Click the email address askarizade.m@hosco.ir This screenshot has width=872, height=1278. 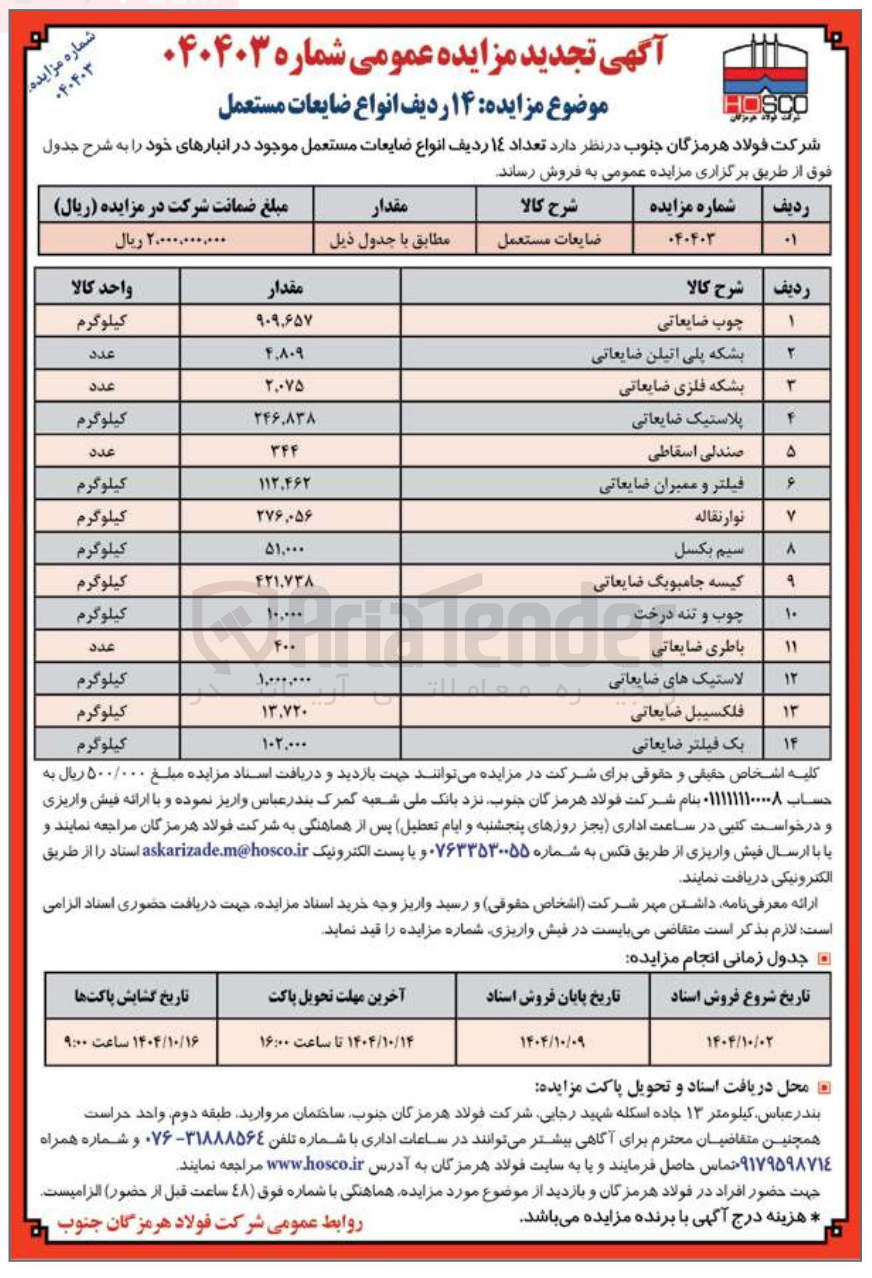225,850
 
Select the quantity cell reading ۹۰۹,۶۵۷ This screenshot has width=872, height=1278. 284,321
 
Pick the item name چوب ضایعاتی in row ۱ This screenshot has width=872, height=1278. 700,322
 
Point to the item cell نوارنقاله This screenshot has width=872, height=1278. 719,517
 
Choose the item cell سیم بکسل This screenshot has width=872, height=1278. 708,549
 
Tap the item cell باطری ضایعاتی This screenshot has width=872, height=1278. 697,646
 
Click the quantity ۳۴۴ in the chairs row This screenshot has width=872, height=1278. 285,451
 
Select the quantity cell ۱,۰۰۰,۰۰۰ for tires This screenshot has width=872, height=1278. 285,679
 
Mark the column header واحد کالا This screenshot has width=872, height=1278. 102,287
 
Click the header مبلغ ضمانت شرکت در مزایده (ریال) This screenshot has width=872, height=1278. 171,206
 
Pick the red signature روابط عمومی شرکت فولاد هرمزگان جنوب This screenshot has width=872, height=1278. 210,1223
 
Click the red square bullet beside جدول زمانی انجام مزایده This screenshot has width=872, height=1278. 823,959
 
